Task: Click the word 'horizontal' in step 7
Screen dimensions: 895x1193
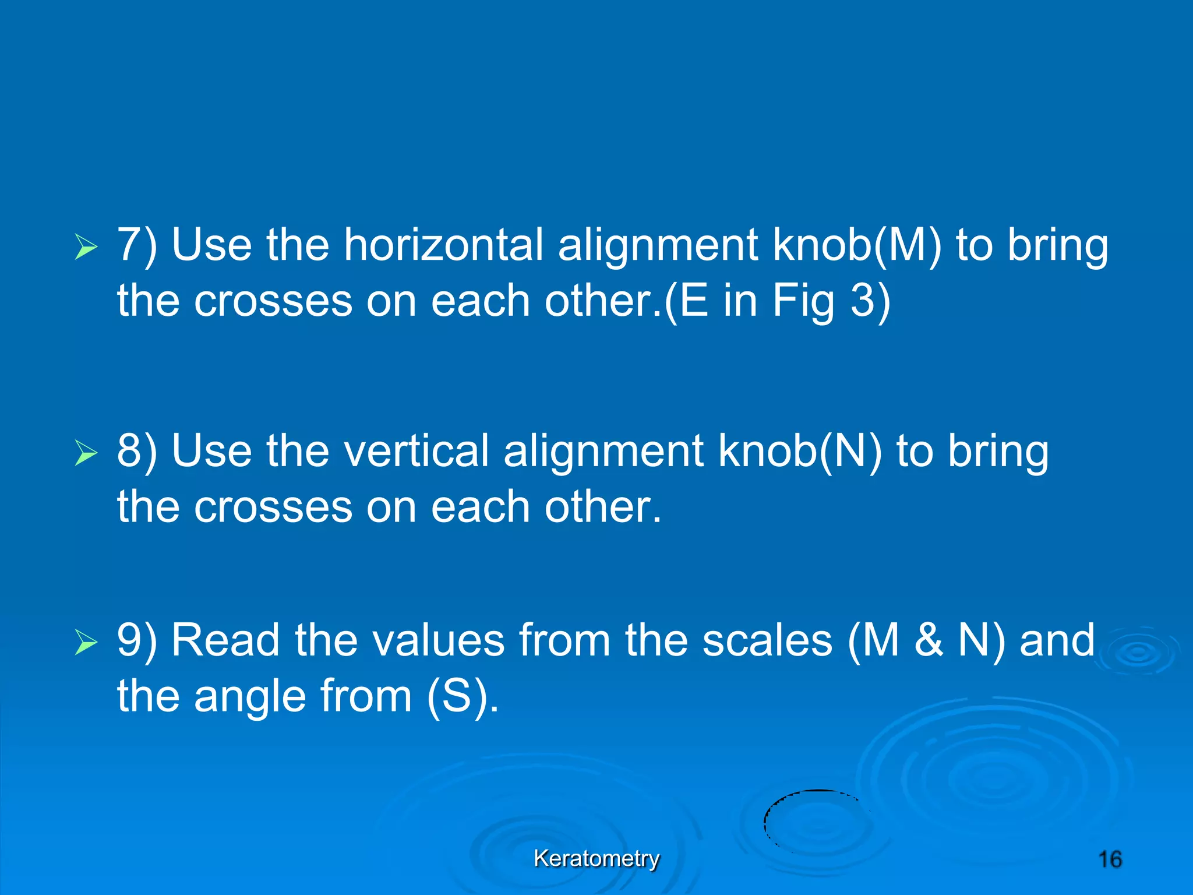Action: pos(443,245)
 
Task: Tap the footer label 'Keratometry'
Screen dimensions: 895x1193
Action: pos(596,858)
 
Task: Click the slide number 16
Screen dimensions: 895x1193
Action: pos(1110,859)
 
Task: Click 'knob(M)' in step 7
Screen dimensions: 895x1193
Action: pos(857,245)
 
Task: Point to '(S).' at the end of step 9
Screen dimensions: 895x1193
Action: pos(463,696)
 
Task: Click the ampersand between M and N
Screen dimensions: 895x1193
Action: pos(929,640)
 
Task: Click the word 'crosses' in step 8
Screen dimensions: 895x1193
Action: pos(273,507)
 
